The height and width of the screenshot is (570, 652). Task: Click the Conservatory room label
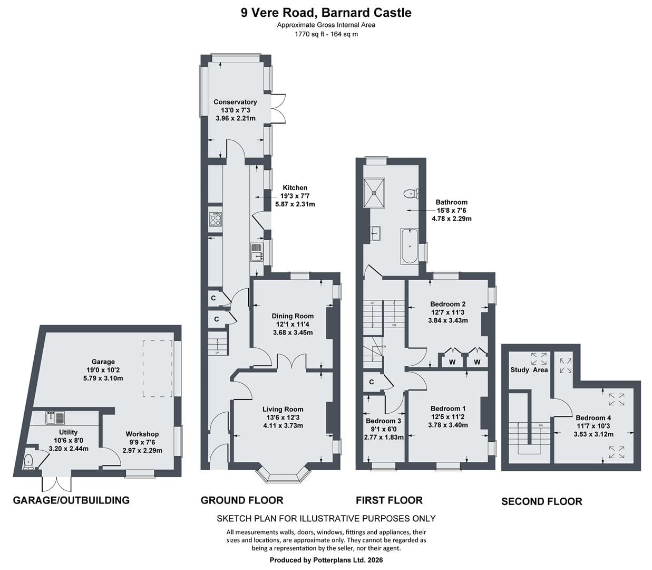click(x=235, y=102)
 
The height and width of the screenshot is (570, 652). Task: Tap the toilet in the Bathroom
click(x=411, y=194)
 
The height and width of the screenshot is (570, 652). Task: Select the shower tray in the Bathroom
click(x=374, y=193)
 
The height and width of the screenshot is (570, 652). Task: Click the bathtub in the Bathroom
click(x=409, y=246)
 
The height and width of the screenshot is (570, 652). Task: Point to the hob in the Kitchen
click(x=216, y=219)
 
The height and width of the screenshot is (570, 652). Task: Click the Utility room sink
click(x=55, y=417)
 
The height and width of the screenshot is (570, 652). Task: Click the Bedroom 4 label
click(x=593, y=418)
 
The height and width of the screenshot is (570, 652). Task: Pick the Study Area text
click(x=529, y=370)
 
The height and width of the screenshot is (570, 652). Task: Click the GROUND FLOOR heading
click(x=242, y=500)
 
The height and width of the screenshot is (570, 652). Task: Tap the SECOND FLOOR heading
click(x=542, y=501)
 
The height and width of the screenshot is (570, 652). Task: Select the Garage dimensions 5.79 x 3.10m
click(x=103, y=378)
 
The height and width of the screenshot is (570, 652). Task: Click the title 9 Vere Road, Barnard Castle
click(x=326, y=13)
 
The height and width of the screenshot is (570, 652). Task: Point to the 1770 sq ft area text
click(x=309, y=34)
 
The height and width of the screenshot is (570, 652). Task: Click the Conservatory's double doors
click(x=278, y=108)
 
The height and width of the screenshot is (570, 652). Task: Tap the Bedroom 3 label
click(x=383, y=421)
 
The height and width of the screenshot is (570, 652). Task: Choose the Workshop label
click(x=142, y=434)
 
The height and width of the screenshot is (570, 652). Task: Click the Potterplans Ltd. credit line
click(x=326, y=560)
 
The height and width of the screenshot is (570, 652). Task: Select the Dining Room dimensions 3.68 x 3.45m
click(x=293, y=332)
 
